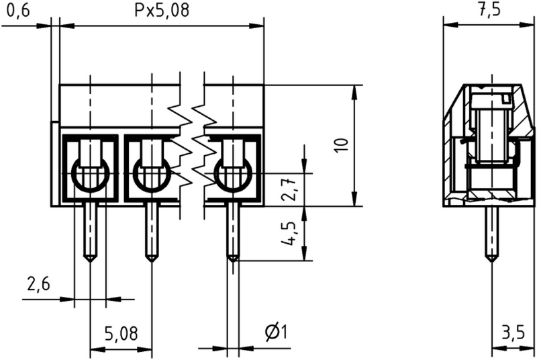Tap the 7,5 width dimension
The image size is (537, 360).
pos(489,11)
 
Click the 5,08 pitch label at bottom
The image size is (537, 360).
pos(121,333)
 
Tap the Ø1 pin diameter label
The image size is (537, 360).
pos(276,332)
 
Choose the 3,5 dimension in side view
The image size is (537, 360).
pos(514,333)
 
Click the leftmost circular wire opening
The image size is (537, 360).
pos(90,176)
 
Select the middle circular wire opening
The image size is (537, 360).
pos(152,176)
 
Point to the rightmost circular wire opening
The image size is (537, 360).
pos(233,176)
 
